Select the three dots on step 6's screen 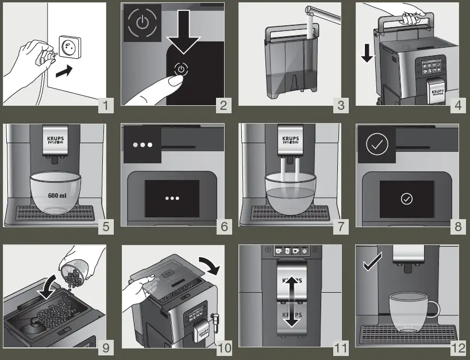click(172, 198)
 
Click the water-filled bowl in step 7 click(291, 192)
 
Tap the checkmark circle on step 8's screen click(407, 198)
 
